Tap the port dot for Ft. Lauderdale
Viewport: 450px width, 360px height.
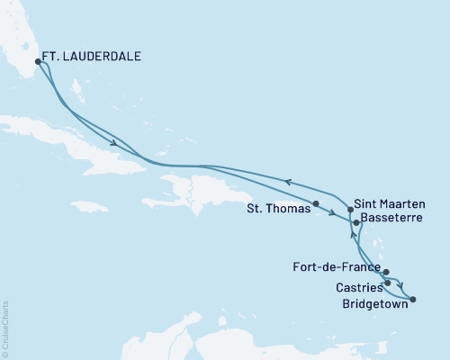(38, 62)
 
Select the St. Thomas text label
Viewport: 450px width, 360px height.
(278, 207)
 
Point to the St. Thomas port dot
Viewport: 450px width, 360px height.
(316, 203)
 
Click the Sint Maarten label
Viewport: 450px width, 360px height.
(386, 204)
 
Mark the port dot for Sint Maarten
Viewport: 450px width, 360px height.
(350, 209)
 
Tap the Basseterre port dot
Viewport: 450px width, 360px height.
(356, 222)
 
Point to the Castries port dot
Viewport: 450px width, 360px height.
(388, 283)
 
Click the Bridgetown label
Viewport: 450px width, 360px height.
(370, 303)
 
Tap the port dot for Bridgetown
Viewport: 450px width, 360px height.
(413, 288)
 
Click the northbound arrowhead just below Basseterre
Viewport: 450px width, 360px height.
(351, 237)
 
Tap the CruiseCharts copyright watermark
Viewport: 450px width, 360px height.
(5, 329)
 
